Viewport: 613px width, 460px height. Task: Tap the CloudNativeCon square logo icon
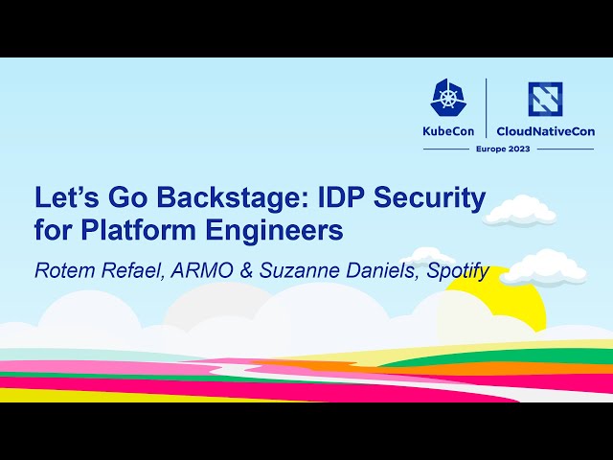545,99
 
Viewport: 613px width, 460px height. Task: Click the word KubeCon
450,131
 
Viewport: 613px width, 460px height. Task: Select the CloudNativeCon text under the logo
545,131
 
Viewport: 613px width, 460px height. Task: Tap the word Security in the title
431,198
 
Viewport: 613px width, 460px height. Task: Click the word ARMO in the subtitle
205,270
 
